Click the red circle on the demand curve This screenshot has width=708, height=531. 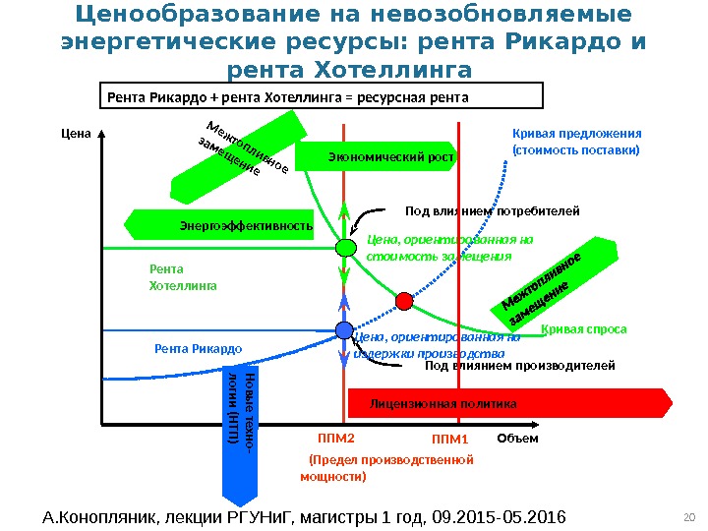click(404, 299)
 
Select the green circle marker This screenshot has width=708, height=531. click(345, 248)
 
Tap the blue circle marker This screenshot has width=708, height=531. click(344, 331)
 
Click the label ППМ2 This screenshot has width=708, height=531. click(335, 439)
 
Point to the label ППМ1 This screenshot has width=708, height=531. click(452, 439)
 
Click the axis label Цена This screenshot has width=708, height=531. click(75, 135)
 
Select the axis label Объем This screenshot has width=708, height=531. click(517, 439)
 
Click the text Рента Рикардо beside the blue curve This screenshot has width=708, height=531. click(199, 348)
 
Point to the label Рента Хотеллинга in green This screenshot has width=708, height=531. click(182, 277)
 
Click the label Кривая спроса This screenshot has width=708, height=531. click(583, 329)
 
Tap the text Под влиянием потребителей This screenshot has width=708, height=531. click(493, 210)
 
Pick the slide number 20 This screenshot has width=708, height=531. click(687, 517)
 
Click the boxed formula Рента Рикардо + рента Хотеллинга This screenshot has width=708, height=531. click(324, 97)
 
